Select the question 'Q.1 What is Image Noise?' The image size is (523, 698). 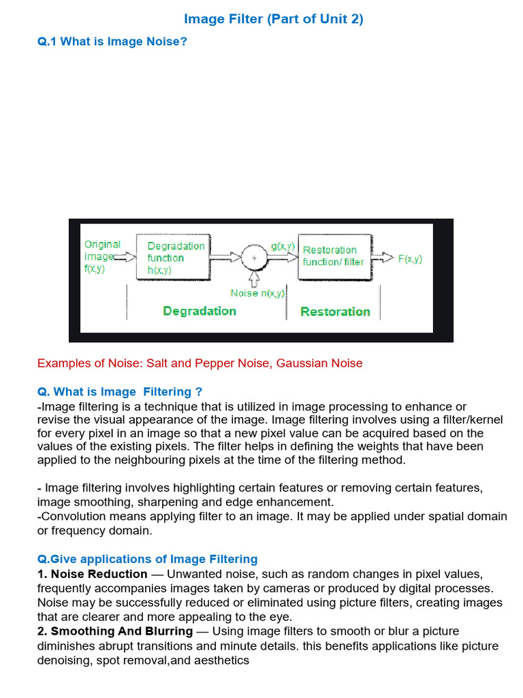tap(112, 42)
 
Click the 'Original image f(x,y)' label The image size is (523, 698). tap(101, 256)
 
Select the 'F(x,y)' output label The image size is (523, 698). tap(410, 259)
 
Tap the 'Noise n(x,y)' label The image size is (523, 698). tap(258, 293)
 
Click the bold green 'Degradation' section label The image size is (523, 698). tap(200, 311)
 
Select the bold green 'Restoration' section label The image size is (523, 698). tap(335, 312)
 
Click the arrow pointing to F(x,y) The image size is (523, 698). tap(386, 258)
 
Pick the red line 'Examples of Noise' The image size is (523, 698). tap(200, 363)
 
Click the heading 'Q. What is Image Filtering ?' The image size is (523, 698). tap(119, 391)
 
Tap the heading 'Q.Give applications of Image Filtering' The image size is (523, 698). tap(147, 560)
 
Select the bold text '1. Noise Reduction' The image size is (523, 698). tap(93, 574)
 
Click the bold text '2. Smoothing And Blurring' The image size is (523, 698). tap(115, 631)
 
